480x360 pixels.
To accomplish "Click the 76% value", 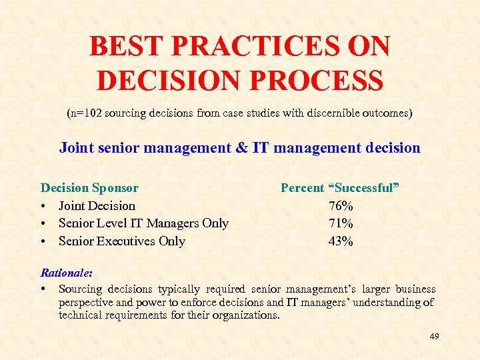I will (x=341, y=206).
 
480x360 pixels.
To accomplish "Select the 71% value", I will (x=341, y=223).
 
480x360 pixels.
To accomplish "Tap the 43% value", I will (x=341, y=241).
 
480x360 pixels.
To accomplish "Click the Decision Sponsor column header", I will (x=89, y=188).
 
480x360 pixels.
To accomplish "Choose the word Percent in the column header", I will (x=302, y=188).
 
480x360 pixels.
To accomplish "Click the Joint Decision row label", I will (x=97, y=206).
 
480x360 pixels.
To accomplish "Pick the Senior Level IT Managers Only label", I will (x=143, y=223).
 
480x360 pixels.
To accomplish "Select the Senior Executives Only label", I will (x=122, y=241).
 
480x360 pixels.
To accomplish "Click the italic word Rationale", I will (x=66, y=273).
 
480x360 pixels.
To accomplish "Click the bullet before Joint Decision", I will (x=43, y=206).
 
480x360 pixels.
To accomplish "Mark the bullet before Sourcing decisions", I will (x=43, y=289).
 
